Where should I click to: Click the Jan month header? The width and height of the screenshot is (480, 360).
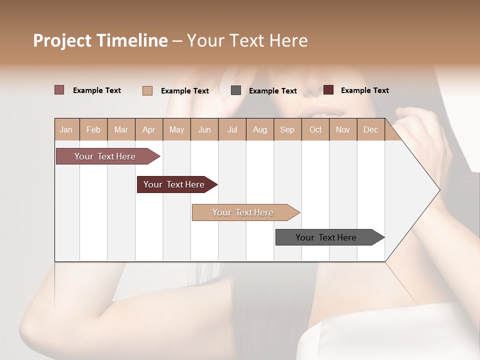point(66,130)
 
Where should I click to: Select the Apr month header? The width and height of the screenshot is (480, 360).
point(148,130)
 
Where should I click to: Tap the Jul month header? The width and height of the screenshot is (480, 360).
point(232,130)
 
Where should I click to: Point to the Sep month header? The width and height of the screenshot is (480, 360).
point(287,130)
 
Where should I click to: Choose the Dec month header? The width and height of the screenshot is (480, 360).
point(370,130)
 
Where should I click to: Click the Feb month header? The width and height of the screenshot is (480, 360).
point(93,130)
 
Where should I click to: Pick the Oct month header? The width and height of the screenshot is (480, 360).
point(315,130)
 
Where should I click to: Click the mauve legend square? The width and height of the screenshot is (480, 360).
point(59,90)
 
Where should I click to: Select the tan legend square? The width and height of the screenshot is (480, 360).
point(147,90)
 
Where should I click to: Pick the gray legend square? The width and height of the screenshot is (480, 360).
point(236,90)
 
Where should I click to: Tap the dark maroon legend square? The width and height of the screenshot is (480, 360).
point(328,90)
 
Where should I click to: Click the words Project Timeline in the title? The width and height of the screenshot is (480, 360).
point(100,40)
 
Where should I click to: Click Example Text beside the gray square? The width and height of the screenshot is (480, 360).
point(272,91)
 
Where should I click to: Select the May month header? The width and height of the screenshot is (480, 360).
point(176,130)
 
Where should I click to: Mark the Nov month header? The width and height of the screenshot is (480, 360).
point(343,130)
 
